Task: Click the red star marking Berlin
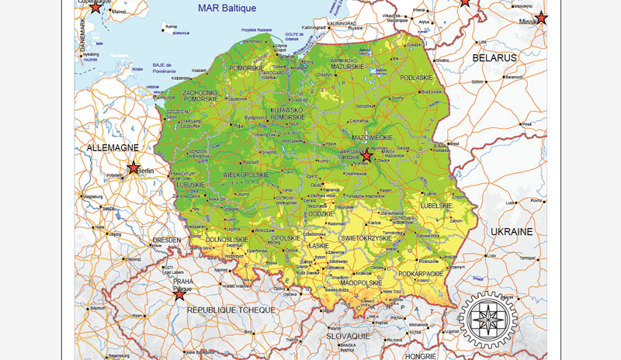click(134, 168)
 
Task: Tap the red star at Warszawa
click(367, 156)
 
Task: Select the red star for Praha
click(179, 294)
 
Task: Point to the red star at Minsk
click(541, 18)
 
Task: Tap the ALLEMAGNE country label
click(113, 147)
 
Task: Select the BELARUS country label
click(494, 57)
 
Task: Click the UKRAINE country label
click(512, 231)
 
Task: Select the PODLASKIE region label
click(415, 78)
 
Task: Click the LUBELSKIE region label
click(435, 206)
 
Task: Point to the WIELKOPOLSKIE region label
click(245, 175)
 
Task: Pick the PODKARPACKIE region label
click(420, 273)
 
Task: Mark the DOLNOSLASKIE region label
click(225, 240)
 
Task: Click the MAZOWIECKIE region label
click(371, 137)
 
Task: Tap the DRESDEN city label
click(166, 240)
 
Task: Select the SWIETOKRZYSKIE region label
click(366, 237)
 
